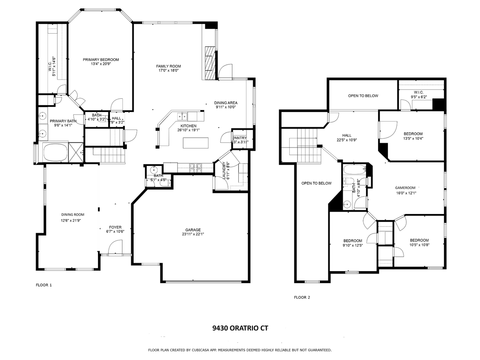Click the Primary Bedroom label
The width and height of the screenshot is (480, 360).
tap(101, 60)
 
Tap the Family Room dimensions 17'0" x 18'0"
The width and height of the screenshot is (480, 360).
tap(168, 70)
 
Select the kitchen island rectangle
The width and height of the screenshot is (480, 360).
tap(196, 143)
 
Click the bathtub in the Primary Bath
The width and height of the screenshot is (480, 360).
tap(55, 152)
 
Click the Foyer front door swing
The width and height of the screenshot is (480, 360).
tap(116, 246)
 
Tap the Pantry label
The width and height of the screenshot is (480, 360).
tap(240, 138)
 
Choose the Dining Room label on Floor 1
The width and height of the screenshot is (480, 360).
tap(72, 215)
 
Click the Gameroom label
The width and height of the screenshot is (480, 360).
tap(405, 187)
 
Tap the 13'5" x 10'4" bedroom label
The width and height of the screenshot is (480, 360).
tap(413, 134)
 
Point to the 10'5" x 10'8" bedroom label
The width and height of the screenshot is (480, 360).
tap(419, 240)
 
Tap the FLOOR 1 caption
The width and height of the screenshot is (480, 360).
tap(44, 285)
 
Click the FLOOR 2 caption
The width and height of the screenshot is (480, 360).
tap(302, 297)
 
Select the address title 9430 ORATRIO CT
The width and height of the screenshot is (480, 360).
tap(240, 328)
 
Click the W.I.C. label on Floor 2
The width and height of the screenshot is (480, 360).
tap(419, 92)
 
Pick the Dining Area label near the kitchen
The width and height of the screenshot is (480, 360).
tap(226, 103)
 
